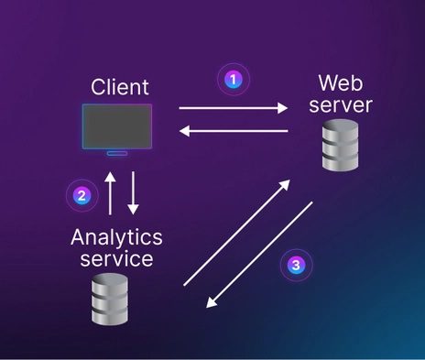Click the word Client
(x=120, y=88)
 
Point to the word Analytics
(x=116, y=237)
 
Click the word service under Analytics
(x=116, y=259)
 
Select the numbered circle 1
(x=233, y=80)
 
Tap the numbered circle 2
(x=82, y=194)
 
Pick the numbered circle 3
(x=295, y=265)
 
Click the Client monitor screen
(x=117, y=125)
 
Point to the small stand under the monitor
(x=117, y=152)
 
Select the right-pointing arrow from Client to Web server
(x=233, y=108)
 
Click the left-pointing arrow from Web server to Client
(x=233, y=132)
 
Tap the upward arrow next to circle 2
(x=110, y=192)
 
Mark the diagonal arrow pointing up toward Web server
(x=238, y=234)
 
